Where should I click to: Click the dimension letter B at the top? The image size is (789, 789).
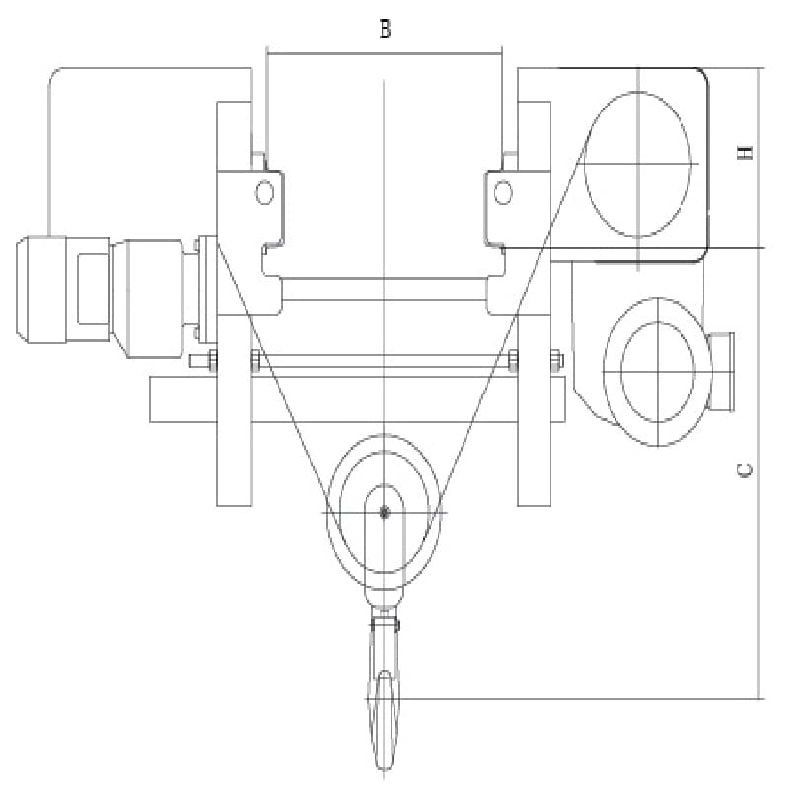tap(385, 30)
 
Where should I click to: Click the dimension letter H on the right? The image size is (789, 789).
tap(747, 152)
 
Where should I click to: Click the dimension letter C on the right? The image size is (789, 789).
tap(747, 470)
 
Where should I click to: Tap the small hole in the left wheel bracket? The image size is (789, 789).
tap(264, 192)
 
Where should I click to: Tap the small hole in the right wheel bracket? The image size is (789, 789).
tap(503, 192)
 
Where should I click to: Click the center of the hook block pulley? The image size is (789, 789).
tap(384, 511)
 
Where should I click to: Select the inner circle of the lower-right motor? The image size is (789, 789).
tap(657, 370)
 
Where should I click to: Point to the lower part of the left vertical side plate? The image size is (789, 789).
tap(234, 464)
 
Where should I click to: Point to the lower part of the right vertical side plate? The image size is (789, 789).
tap(534, 464)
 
